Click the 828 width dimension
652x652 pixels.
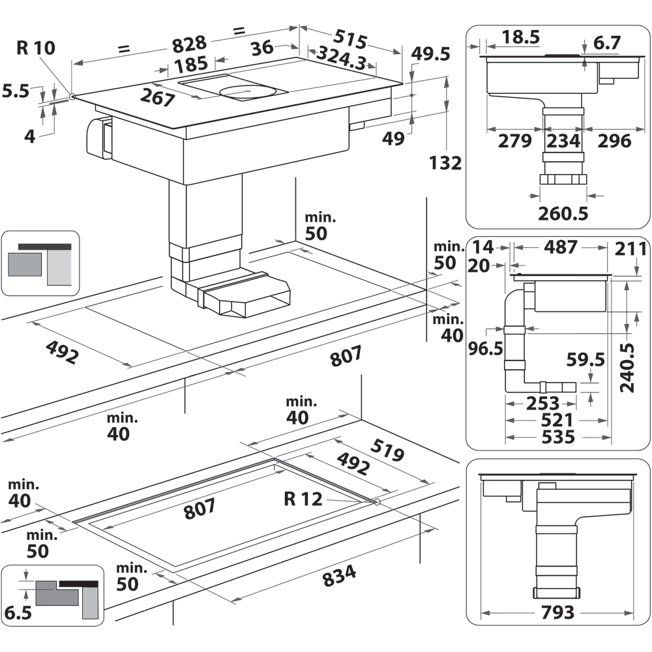pos(189,44)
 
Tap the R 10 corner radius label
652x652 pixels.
pos(37,48)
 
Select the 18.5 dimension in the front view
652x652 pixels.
pos(521,38)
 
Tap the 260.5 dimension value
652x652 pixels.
pos(563,213)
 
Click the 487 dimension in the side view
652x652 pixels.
pos(561,248)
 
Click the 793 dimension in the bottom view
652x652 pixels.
pos(557,613)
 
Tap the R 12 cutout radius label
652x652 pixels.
pos(303,499)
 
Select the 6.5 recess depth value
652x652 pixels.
pos(17,612)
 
